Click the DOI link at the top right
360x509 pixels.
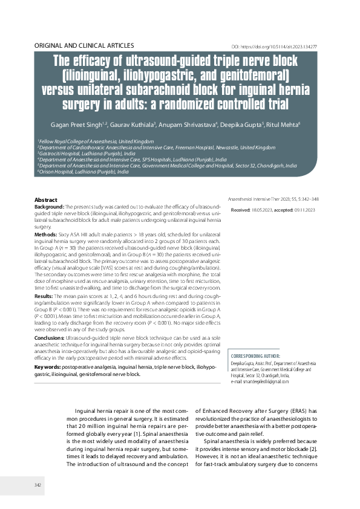pyautogui.click(x=283, y=47)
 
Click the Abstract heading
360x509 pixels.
pyautogui.click(x=46, y=199)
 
